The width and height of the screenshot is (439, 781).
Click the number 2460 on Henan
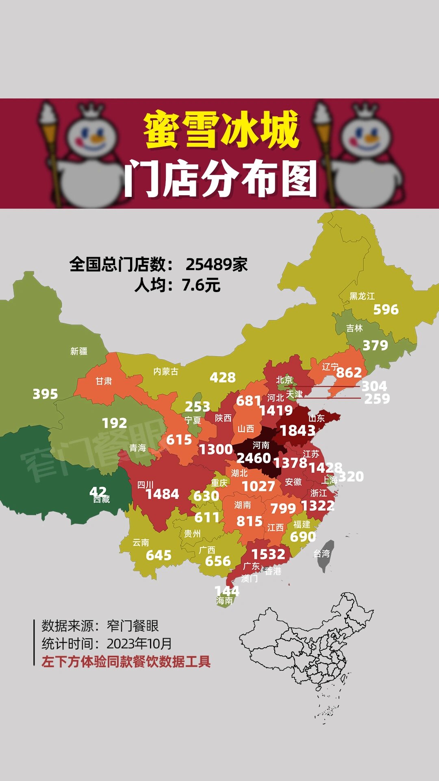[254, 458]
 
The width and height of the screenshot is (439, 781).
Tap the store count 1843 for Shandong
[298, 431]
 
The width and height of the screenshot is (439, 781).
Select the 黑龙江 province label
[362, 296]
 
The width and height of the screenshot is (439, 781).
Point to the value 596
[386, 310]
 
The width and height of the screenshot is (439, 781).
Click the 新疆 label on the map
[79, 351]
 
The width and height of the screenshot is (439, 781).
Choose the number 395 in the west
[45, 394]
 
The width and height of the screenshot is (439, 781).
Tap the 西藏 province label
[102, 500]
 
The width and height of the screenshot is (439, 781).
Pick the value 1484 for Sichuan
[162, 494]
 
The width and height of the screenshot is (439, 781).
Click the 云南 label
[141, 543]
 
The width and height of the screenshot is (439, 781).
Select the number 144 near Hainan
[227, 591]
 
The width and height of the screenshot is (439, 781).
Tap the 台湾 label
[321, 554]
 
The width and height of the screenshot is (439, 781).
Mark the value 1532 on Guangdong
[268, 554]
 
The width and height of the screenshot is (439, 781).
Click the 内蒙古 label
[165, 371]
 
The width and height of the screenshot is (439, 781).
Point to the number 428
[222, 377]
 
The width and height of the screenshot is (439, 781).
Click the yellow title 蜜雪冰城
[222, 130]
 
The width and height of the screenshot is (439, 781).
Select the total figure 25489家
[217, 264]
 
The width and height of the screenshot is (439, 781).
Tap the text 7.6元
[201, 285]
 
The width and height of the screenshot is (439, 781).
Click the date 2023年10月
[139, 644]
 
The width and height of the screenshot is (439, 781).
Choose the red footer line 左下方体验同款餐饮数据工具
[126, 662]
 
